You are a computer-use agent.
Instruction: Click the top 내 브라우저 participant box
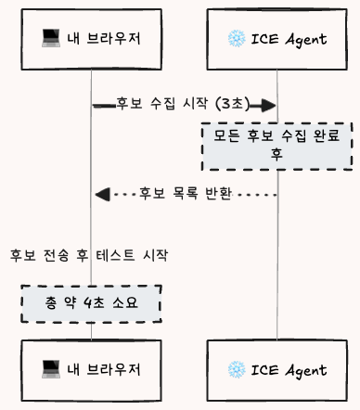click(91, 38)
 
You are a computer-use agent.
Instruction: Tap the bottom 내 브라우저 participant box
click(91, 369)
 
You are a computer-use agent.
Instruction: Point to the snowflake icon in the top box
click(236, 38)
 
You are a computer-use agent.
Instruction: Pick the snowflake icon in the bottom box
click(236, 369)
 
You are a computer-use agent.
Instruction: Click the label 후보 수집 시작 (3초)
click(180, 104)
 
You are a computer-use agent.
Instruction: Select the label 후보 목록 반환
click(185, 194)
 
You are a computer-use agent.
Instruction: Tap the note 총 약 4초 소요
click(91, 304)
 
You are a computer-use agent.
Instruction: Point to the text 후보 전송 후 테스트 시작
click(89, 253)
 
